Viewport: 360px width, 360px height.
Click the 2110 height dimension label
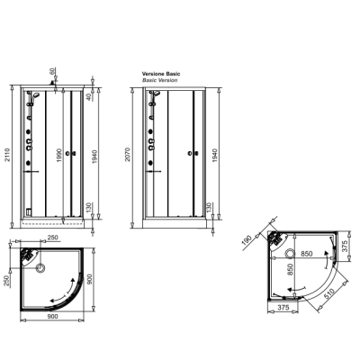coord(7,155)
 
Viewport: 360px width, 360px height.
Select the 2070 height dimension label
coord(128,155)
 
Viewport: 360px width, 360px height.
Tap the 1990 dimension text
coord(59,155)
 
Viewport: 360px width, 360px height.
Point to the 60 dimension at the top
coord(52,71)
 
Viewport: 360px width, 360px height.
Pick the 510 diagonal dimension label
coord(334,294)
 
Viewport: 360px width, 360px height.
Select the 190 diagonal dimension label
coord(247,241)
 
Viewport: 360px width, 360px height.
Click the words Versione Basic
coord(161,74)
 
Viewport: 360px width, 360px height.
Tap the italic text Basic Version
coord(160,80)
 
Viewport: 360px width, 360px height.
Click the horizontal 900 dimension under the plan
coord(53,316)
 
